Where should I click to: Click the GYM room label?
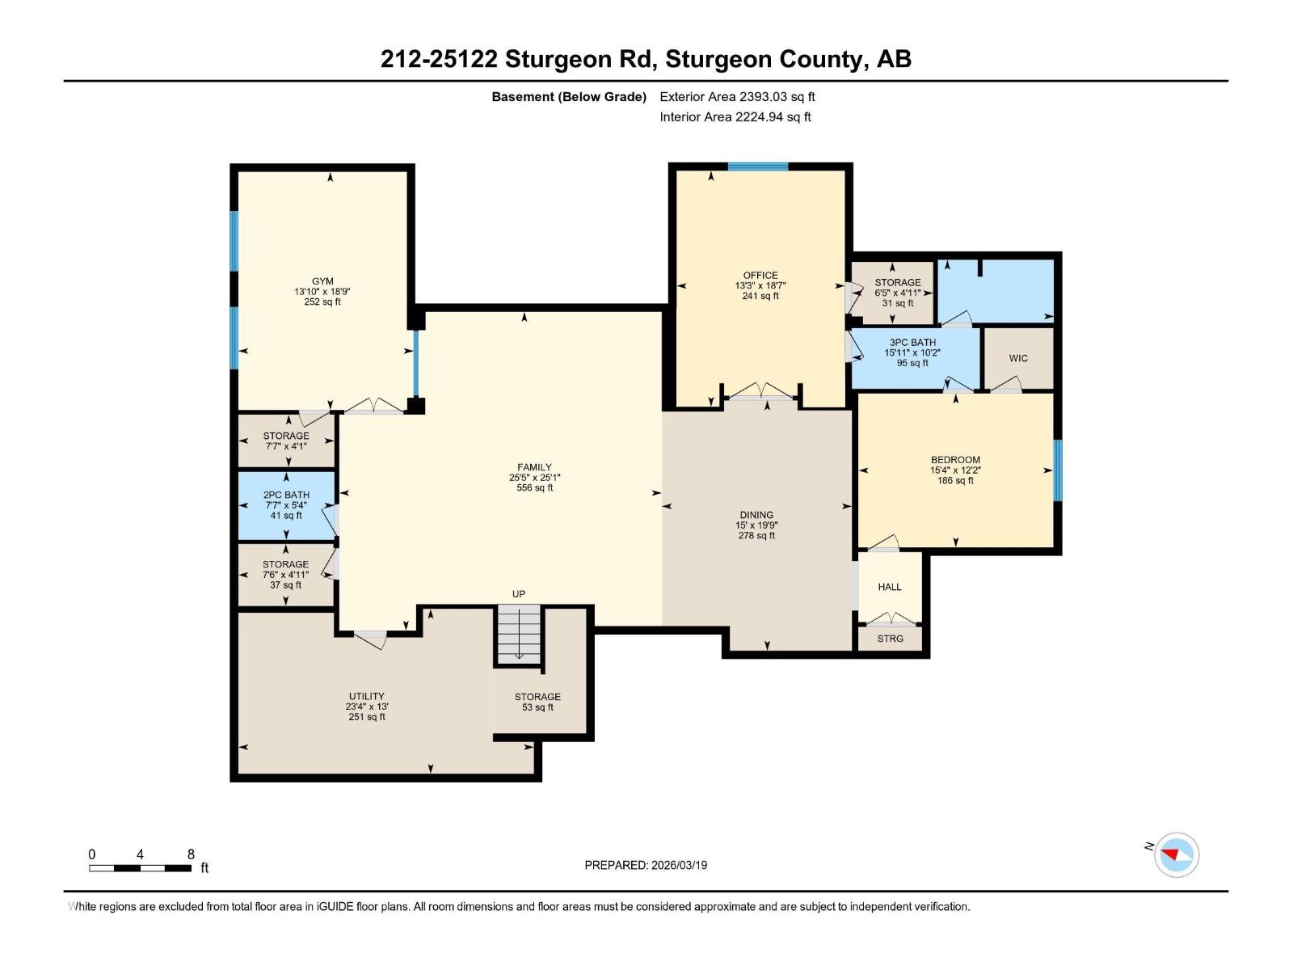tap(322, 281)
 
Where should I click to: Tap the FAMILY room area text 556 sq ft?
tap(534, 488)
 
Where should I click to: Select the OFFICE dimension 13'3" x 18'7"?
tap(760, 285)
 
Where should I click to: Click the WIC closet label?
tap(1018, 358)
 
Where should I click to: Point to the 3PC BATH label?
tap(912, 343)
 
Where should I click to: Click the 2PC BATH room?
tap(286, 505)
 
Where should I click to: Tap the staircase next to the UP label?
tap(518, 635)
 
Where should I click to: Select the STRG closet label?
tap(890, 639)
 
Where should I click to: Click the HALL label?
tap(890, 587)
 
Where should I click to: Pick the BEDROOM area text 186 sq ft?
tap(955, 481)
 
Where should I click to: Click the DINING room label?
tap(756, 515)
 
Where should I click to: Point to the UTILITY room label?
tap(366, 696)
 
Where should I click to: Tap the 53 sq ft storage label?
tap(537, 707)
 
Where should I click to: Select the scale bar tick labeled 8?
tap(191, 854)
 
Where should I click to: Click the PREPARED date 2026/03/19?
tap(678, 865)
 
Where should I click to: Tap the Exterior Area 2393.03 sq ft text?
tap(737, 97)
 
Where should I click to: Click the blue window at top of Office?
tap(757, 167)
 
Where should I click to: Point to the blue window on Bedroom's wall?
tap(1057, 470)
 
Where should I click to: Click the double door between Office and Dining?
tap(760, 394)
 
